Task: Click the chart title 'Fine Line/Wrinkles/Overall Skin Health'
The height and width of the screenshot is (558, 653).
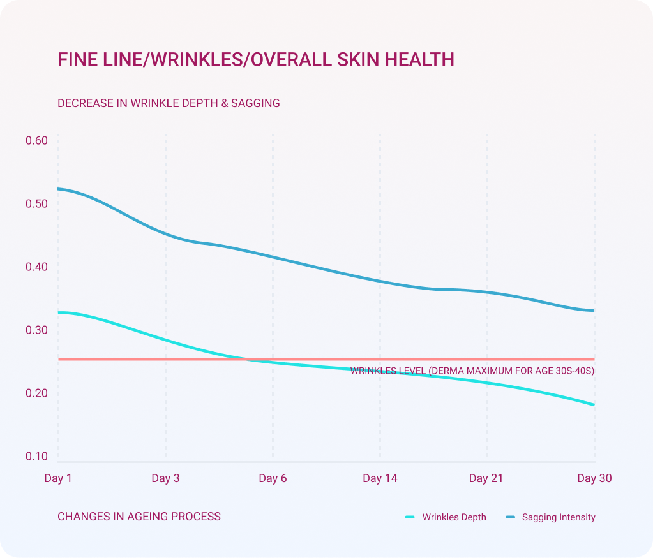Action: [x=256, y=60]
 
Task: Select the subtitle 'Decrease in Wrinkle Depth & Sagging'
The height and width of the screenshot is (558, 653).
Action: [x=169, y=103]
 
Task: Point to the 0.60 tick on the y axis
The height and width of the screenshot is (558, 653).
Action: [x=37, y=141]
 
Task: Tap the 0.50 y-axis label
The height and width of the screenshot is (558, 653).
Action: [x=37, y=204]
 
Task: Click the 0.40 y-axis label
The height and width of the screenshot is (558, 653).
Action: [x=37, y=267]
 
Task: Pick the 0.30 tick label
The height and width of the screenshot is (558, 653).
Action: [x=37, y=330]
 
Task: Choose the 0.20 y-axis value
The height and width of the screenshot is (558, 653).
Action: [x=37, y=393]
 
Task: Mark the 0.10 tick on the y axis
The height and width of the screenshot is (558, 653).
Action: [x=37, y=457]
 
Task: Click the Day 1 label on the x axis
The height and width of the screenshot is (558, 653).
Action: [x=58, y=478]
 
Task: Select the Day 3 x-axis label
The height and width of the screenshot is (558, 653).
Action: [x=165, y=478]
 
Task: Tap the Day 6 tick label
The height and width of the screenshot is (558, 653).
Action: [x=273, y=478]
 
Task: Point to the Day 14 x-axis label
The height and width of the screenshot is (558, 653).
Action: [x=380, y=478]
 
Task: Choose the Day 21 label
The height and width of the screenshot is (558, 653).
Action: [x=486, y=478]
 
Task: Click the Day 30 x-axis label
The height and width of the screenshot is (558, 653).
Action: [x=594, y=478]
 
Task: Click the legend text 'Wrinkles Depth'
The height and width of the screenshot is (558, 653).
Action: [x=454, y=517]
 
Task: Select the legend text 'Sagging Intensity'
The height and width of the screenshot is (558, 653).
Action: [x=559, y=517]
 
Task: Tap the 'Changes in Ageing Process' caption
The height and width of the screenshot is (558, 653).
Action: [x=139, y=517]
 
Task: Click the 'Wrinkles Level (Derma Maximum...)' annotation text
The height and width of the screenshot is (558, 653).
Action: [x=472, y=371]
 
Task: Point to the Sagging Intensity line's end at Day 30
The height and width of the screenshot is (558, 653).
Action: [x=594, y=311]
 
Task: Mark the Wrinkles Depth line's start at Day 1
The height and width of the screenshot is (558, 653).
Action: [x=59, y=312]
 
